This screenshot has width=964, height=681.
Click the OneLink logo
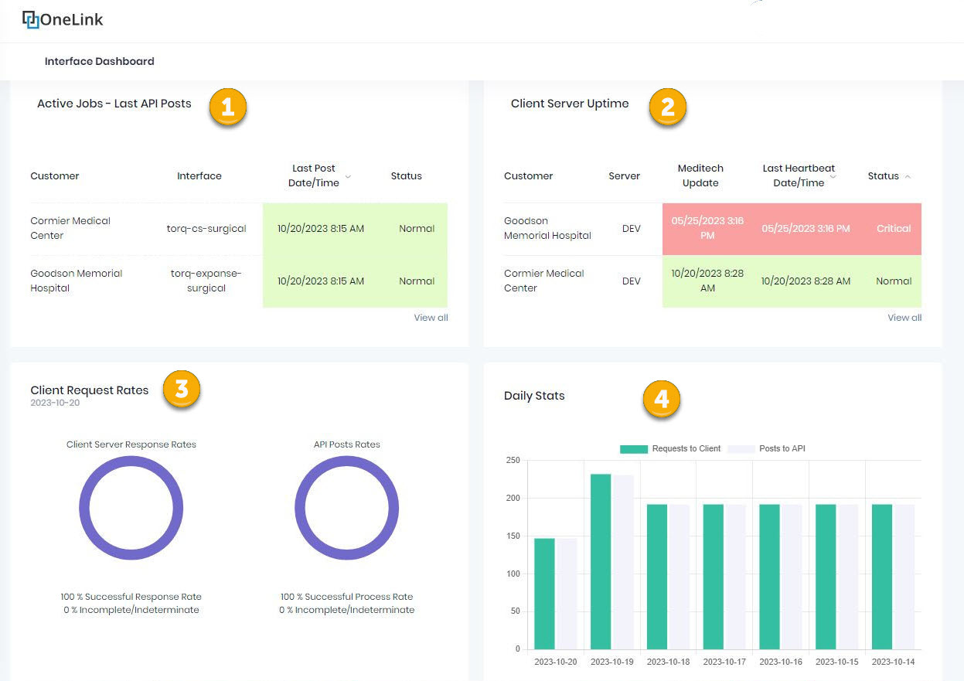tap(63, 19)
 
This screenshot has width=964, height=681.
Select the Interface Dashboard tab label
tap(99, 61)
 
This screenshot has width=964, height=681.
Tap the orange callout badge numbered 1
tap(227, 108)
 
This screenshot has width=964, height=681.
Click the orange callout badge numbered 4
tap(661, 399)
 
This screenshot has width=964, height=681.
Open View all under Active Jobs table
tap(431, 318)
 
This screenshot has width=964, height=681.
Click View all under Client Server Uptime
tap(904, 318)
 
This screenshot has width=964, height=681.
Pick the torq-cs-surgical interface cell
tap(206, 229)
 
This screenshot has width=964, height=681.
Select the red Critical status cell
tap(894, 229)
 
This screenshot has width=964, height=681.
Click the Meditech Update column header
tap(700, 175)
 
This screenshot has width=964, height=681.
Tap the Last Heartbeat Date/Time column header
tap(798, 175)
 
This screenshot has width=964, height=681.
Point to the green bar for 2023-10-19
tap(601, 561)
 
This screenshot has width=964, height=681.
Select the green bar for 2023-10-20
tap(544, 594)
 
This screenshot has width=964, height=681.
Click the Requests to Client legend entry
tap(670, 448)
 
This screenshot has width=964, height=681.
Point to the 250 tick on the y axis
tap(513, 461)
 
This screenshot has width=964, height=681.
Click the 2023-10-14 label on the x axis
tap(893, 662)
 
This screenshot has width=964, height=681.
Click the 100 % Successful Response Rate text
tap(131, 597)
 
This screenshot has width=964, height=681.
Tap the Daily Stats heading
tap(534, 396)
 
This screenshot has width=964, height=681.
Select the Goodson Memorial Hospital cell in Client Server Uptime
tap(547, 229)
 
